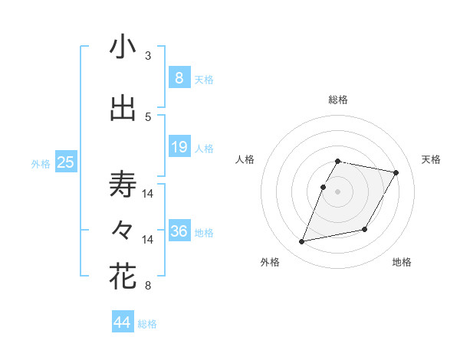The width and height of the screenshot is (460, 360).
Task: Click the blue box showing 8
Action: (x=179, y=77)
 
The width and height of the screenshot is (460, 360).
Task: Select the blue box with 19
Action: (x=179, y=146)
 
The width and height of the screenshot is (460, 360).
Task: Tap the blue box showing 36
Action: (x=179, y=231)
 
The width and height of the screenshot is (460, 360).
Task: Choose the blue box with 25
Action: (x=65, y=162)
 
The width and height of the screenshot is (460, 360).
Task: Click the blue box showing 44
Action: (x=122, y=322)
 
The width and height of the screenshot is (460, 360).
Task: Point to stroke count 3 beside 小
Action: (x=148, y=56)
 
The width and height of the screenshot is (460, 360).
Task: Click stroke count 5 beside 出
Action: (x=148, y=117)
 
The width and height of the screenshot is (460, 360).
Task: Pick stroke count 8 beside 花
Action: (x=148, y=286)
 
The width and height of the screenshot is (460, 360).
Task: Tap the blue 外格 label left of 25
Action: (x=41, y=163)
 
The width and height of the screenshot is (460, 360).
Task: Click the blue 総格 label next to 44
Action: (x=147, y=324)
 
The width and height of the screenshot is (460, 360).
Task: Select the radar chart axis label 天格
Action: (x=431, y=159)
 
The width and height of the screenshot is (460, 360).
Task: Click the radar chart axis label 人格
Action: (x=245, y=159)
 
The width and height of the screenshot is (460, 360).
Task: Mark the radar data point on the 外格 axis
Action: (x=302, y=242)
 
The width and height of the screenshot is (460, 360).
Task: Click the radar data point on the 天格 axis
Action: (x=396, y=173)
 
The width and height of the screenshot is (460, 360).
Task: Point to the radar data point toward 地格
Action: (x=365, y=230)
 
